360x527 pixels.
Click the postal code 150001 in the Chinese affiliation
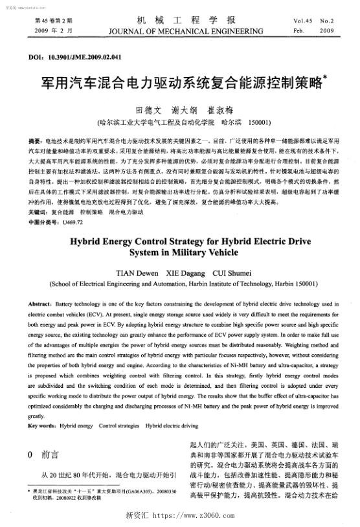(260, 122)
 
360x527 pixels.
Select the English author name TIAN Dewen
(137, 272)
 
